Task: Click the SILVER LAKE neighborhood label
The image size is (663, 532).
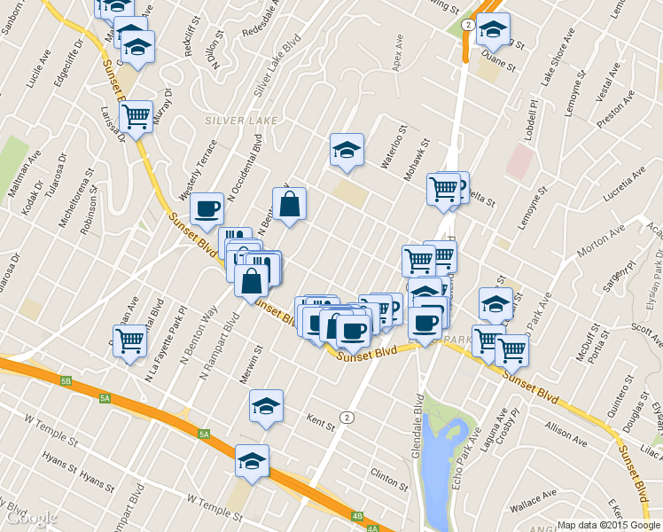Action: click(x=240, y=120)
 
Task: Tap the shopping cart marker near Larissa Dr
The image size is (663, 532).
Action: click(x=136, y=116)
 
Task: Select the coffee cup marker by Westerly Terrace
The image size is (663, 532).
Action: click(x=207, y=209)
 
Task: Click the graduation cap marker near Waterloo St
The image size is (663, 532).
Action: click(x=347, y=150)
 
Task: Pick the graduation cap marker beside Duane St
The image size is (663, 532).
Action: click(x=492, y=30)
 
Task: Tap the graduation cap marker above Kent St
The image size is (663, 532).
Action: click(x=266, y=406)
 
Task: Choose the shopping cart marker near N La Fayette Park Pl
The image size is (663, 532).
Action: click(x=130, y=340)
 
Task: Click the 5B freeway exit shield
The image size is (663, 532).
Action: click(x=66, y=380)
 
